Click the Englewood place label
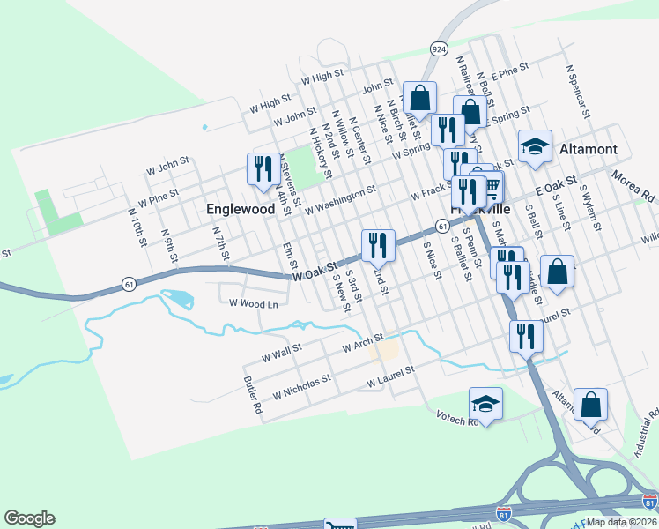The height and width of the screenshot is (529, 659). [241, 210]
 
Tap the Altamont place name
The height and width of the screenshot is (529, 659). [589, 149]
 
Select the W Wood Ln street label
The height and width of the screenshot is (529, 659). [253, 303]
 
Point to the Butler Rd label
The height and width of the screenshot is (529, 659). [252, 396]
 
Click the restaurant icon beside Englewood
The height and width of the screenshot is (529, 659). [263, 168]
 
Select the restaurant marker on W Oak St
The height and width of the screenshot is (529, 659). [378, 244]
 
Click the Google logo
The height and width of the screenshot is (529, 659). [29, 518]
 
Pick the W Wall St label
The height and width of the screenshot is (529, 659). [282, 354]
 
